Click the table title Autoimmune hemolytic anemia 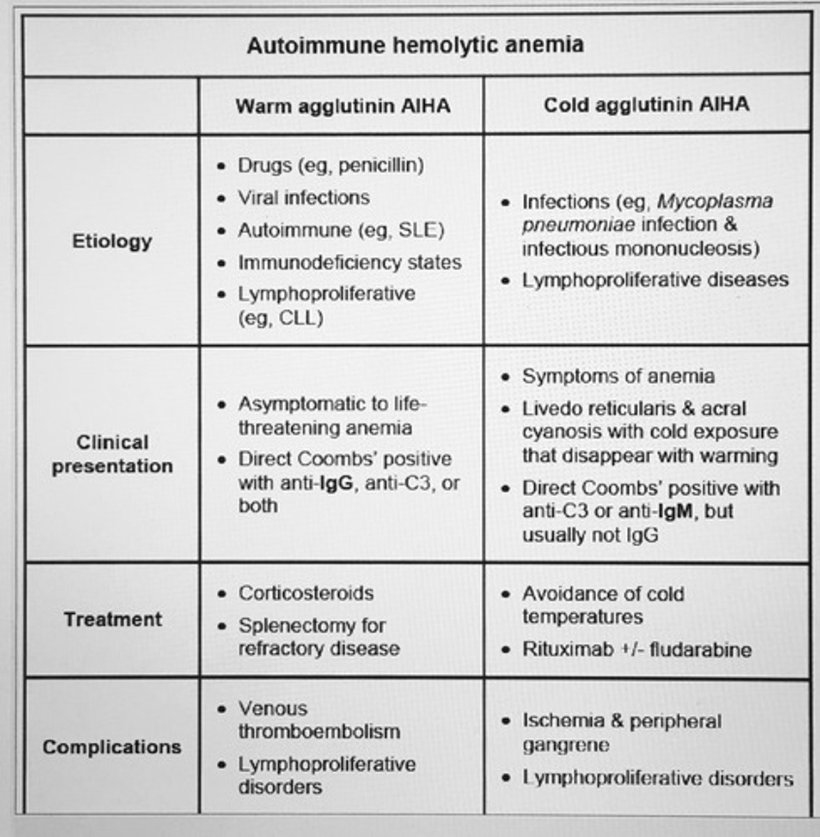tap(415, 46)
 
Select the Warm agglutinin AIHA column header tap(342, 106)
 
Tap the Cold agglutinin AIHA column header tap(646, 105)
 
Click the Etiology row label tap(112, 241)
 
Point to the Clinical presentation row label tap(112, 454)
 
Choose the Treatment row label tap(112, 619)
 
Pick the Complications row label tap(112, 747)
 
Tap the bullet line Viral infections tap(303, 197)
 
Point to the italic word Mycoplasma tap(715, 202)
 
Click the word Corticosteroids tap(306, 593)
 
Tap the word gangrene tap(565, 745)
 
